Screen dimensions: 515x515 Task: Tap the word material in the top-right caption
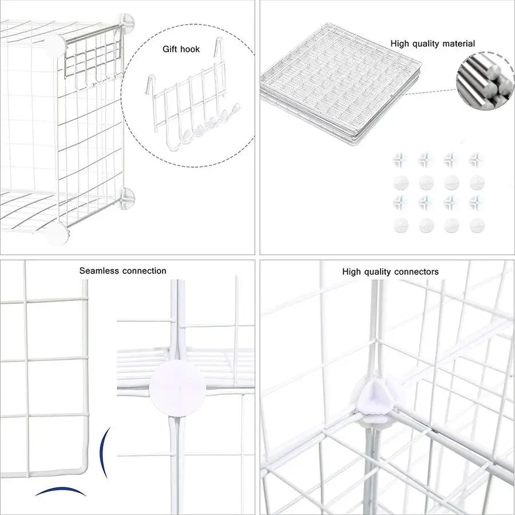click(x=457, y=43)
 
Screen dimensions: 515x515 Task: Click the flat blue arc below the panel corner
click(x=60, y=492)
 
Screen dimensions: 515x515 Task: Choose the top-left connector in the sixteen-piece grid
click(x=401, y=159)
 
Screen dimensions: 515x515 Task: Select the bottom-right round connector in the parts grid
click(x=476, y=226)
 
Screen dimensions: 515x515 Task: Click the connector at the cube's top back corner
click(x=126, y=21)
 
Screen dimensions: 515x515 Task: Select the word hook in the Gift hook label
click(x=191, y=49)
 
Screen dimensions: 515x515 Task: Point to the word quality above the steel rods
click(x=424, y=43)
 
